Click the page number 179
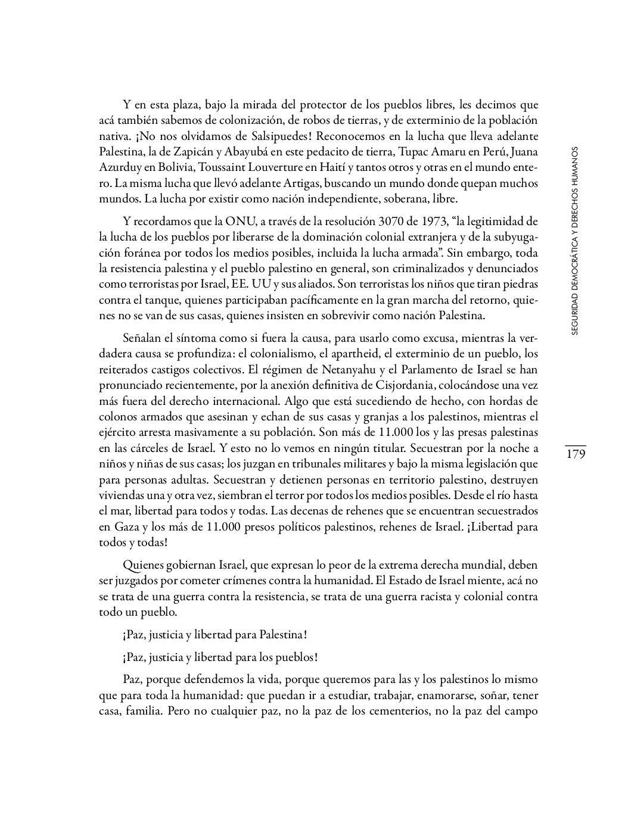[576, 454]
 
